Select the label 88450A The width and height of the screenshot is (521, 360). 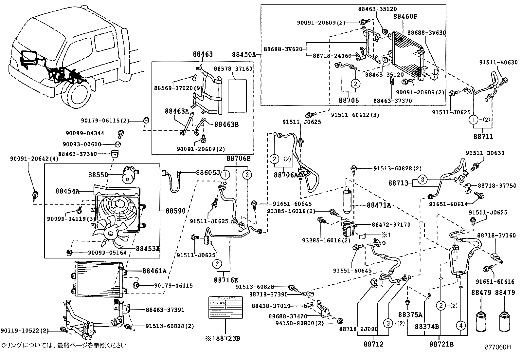(244, 54)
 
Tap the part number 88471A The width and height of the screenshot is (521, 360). (379, 205)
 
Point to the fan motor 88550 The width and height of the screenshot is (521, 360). (130, 175)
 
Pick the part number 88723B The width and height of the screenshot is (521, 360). (228, 338)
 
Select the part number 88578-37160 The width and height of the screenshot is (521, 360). (233, 69)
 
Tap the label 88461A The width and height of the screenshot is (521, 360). (154, 271)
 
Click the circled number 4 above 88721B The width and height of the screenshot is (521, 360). (461, 326)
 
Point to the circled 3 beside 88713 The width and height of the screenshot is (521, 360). (423, 180)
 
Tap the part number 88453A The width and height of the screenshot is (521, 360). (148, 248)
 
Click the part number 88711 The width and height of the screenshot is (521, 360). (483, 136)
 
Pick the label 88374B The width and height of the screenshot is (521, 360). (427, 327)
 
